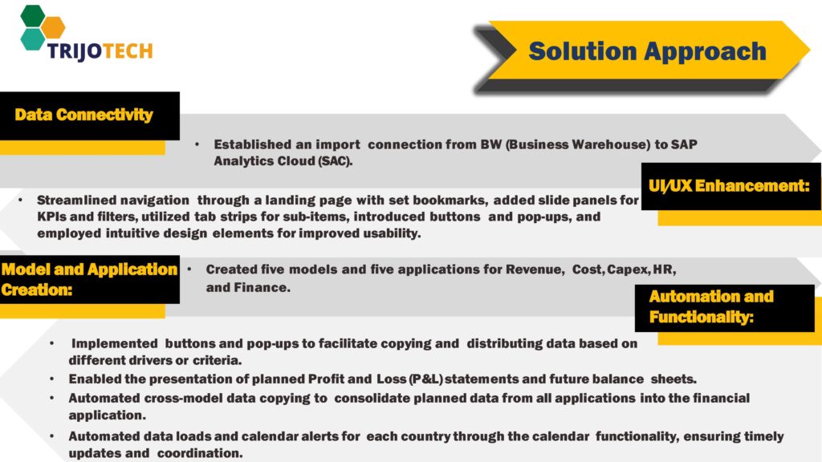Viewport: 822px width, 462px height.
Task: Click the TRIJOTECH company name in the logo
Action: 87,51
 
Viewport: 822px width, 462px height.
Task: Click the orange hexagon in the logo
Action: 53,26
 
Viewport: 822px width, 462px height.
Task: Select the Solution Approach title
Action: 647,51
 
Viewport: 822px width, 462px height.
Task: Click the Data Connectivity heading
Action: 83,115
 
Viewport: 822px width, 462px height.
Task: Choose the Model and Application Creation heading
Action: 88,279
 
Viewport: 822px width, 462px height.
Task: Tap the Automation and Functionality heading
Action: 711,306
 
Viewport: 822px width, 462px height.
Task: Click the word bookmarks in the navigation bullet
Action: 452,200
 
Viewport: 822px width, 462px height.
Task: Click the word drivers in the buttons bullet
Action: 154,359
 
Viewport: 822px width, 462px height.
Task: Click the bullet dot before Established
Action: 197,145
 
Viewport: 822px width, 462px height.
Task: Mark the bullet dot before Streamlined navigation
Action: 20,200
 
